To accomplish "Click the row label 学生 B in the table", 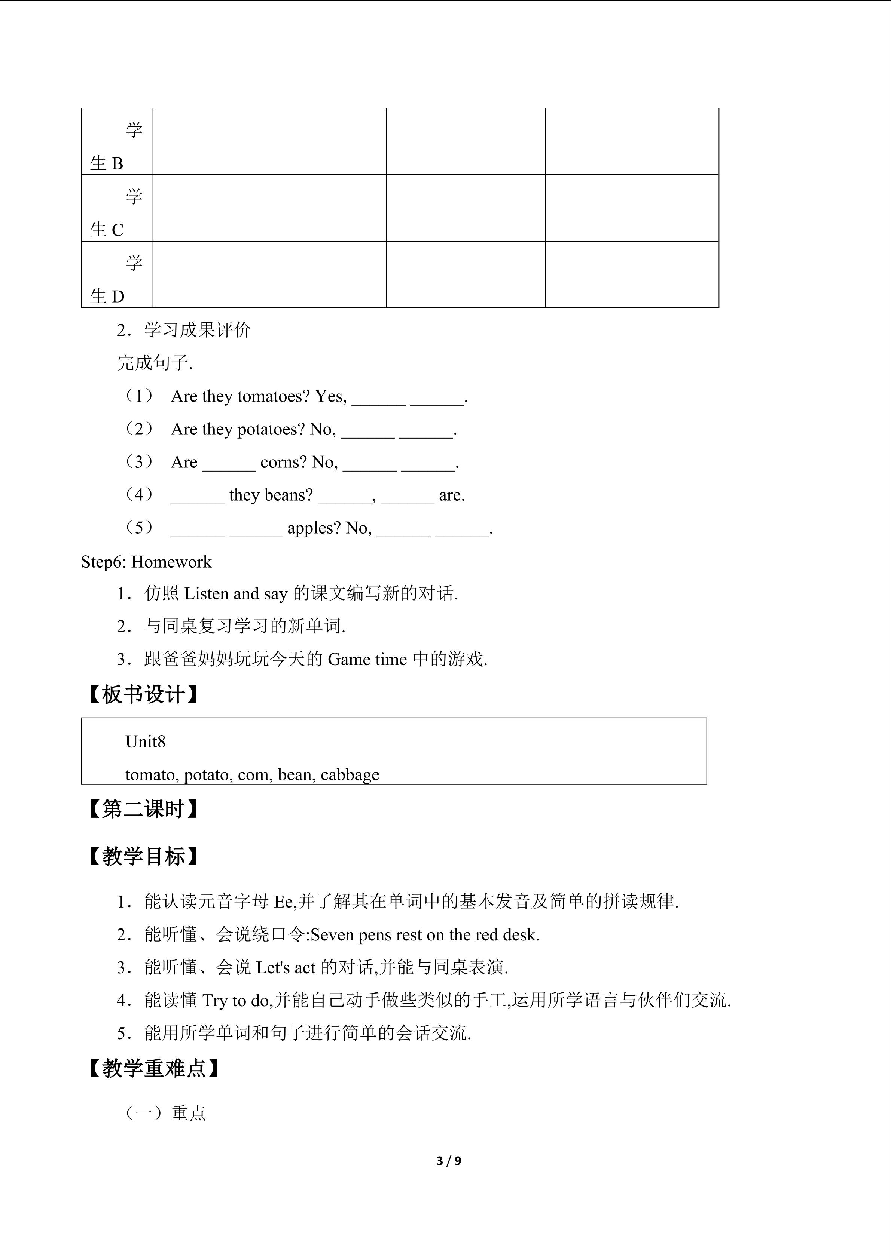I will pyautogui.click(x=116, y=147).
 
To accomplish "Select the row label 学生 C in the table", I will pyautogui.click(x=116, y=213).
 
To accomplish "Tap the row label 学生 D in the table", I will pyautogui.click(x=116, y=280).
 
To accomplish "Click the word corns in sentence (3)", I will pyautogui.click(x=284, y=462).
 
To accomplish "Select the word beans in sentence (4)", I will pyautogui.click(x=292, y=495).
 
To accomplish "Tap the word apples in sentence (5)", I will pyautogui.click(x=314, y=528).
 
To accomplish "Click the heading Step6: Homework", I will pyautogui.click(x=146, y=562).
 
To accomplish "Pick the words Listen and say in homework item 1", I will pyautogui.click(x=236, y=593).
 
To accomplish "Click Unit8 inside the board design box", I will pyautogui.click(x=146, y=741).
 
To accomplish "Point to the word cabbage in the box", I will pyautogui.click(x=350, y=774).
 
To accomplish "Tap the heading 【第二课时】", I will pyautogui.click(x=143, y=809).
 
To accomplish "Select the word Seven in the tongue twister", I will pyautogui.click(x=332, y=934).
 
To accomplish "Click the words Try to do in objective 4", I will pyautogui.click(x=235, y=1000).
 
